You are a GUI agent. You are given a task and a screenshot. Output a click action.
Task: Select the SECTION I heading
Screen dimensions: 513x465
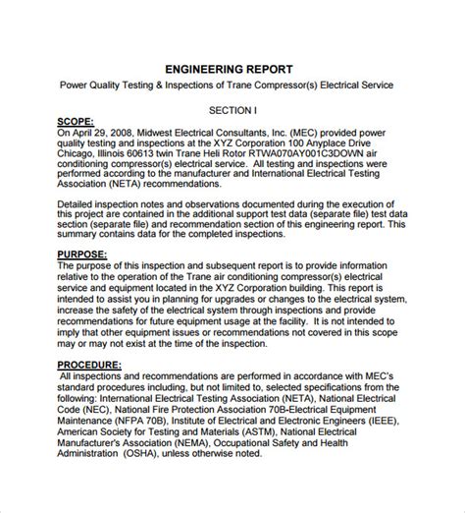(x=232, y=110)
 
